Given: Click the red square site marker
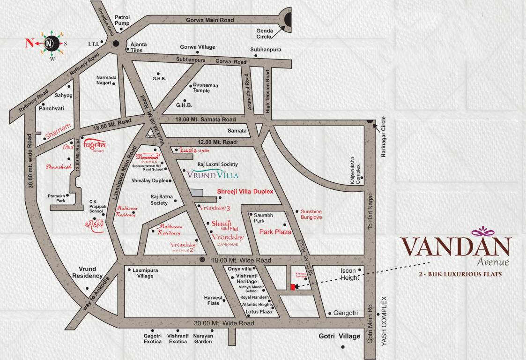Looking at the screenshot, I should click(293, 287).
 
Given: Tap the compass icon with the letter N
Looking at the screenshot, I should click(50, 44).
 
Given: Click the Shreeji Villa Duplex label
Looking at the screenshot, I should click(245, 192).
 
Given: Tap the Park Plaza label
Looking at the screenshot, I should click(275, 232).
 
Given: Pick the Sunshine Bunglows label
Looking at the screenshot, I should click(311, 214).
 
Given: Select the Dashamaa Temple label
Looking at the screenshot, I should click(201, 88).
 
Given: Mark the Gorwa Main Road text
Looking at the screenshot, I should click(209, 20).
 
